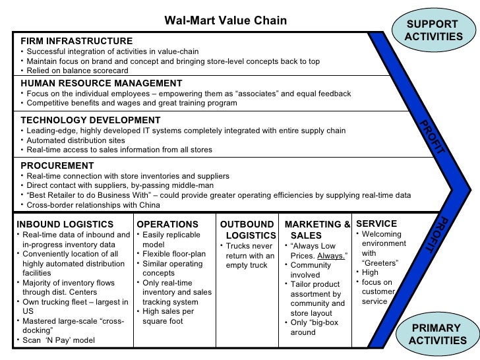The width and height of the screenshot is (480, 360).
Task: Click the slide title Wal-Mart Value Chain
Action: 225,20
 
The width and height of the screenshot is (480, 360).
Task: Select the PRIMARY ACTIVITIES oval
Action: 436,334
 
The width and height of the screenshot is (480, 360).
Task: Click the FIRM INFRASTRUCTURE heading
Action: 76,41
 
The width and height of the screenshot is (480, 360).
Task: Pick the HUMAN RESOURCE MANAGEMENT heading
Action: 101,83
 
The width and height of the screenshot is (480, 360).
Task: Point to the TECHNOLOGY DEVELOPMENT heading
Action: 90,120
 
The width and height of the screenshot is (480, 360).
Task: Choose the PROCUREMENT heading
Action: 57,165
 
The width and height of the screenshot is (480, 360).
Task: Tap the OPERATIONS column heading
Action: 167,224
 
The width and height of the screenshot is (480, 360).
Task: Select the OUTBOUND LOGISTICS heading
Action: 247,229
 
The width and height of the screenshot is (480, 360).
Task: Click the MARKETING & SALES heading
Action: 316,229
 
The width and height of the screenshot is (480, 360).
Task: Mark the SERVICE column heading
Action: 376,224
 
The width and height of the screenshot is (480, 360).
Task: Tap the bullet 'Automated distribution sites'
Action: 76,140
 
